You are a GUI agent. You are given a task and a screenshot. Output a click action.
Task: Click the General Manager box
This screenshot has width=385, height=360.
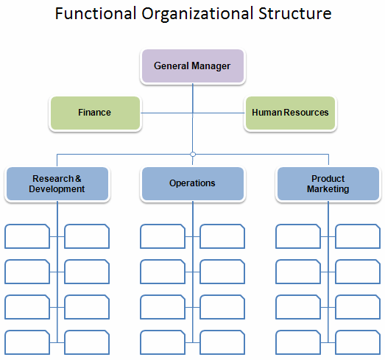[192, 66]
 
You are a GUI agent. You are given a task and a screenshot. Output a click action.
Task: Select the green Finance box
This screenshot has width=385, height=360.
[95, 113]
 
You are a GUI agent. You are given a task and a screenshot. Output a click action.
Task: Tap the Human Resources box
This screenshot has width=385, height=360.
[290, 113]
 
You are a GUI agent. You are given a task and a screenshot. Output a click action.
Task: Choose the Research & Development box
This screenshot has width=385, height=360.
[57, 183]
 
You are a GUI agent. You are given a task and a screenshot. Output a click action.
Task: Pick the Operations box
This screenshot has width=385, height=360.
[192, 183]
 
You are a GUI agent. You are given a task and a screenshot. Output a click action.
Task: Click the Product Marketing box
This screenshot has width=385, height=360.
[328, 183]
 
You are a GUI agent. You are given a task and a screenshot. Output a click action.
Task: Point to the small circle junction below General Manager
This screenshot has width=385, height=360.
[192, 155]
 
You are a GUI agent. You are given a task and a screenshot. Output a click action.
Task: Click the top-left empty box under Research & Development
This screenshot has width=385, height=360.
[27, 236]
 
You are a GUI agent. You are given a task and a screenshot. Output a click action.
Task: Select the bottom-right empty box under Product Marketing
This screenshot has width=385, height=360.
[358, 342]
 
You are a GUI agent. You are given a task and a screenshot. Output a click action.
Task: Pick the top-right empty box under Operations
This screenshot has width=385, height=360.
[222, 236]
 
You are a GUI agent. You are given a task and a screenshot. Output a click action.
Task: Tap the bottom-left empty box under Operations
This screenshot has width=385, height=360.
[163, 342]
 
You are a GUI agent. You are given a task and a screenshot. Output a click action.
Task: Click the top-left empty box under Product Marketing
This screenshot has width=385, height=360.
[298, 236]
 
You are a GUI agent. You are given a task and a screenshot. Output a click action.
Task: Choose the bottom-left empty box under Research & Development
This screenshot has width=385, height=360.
[27, 342]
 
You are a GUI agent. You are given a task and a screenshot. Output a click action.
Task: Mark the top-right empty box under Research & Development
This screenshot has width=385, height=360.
[87, 236]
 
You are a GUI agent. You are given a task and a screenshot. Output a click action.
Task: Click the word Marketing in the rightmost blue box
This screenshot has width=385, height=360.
[328, 189]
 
